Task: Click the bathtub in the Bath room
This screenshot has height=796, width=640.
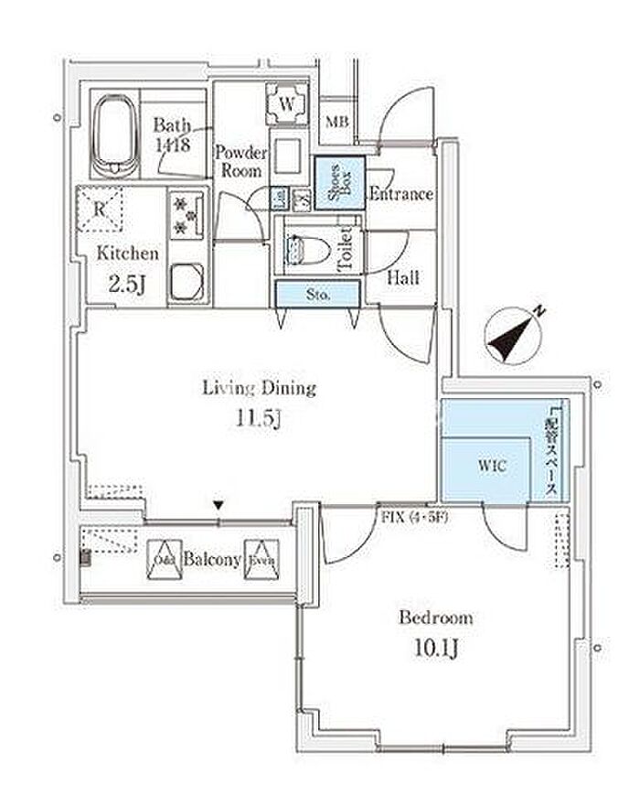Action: [114, 137]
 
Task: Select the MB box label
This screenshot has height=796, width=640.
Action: [337, 120]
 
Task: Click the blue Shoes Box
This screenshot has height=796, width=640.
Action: [340, 182]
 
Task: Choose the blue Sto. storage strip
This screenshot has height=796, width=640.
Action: [318, 294]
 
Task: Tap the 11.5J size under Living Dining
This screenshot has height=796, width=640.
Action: [260, 420]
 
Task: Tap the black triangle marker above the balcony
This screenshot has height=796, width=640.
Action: [219, 504]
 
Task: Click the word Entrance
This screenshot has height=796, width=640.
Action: [400, 194]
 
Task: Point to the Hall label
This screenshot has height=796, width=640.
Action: [402, 277]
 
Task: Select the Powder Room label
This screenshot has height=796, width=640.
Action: [241, 162]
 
